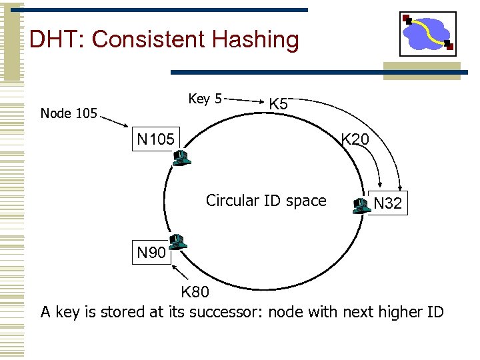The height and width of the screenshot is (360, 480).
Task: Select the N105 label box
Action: [x=155, y=139]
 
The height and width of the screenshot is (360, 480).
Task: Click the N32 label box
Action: [x=387, y=203]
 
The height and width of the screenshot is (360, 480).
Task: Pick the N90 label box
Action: [x=151, y=253]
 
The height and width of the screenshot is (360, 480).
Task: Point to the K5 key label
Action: [x=278, y=105]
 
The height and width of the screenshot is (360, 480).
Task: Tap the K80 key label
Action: [x=195, y=292]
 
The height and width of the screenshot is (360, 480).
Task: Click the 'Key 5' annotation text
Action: [x=205, y=99]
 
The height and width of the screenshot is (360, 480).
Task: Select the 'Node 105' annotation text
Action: [x=69, y=113]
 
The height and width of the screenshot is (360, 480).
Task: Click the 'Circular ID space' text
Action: [x=266, y=201]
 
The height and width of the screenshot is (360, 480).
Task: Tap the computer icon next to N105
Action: [x=181, y=158]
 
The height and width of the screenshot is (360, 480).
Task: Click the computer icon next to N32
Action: [x=361, y=205]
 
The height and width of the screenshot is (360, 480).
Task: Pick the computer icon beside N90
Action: [x=177, y=241]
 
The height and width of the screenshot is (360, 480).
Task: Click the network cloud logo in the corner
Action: [x=427, y=33]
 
